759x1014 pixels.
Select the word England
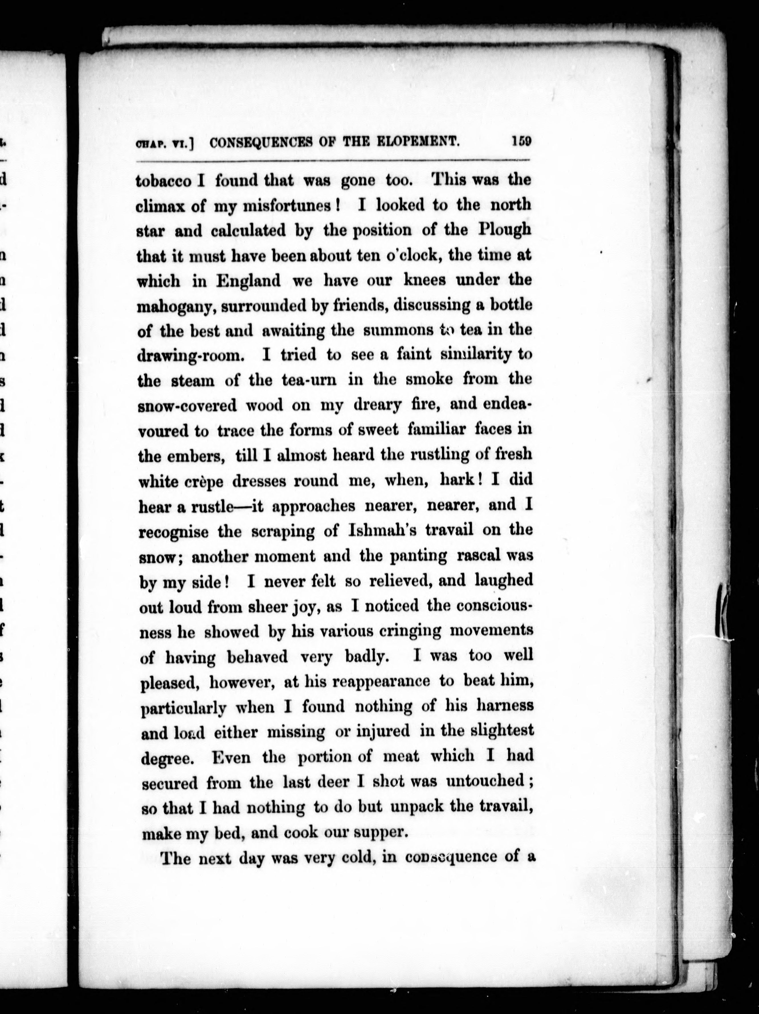point(248,281)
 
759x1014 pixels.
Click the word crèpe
point(199,481)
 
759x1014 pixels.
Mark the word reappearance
point(381,682)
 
